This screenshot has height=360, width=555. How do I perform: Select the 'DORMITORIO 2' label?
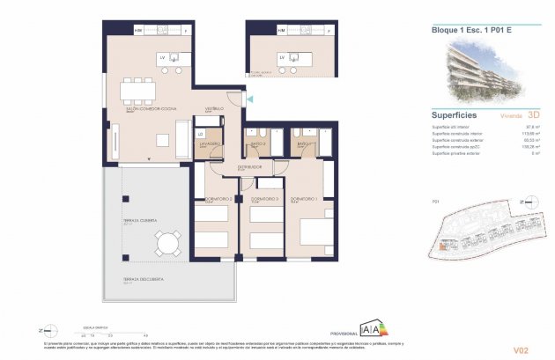[x=216, y=199]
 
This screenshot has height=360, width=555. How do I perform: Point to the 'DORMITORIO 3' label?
[x=263, y=199]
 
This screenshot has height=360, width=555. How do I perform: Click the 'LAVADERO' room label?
[x=208, y=143]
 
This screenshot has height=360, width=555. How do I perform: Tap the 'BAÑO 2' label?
[x=257, y=143]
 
